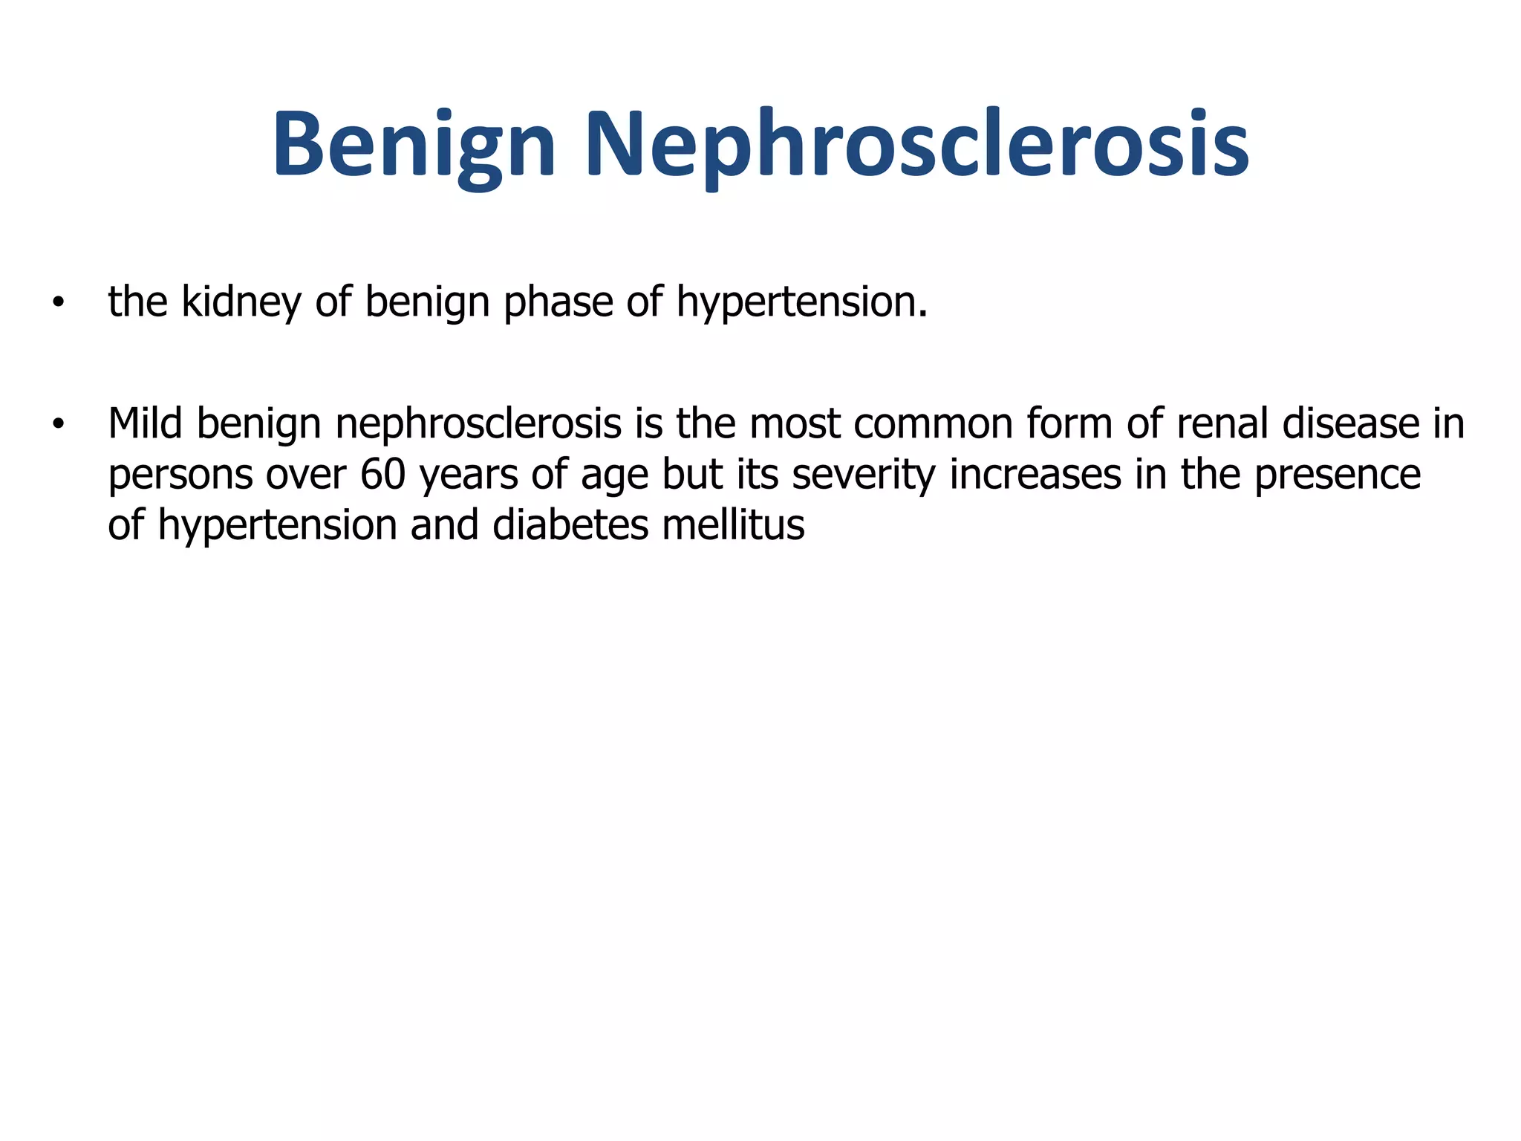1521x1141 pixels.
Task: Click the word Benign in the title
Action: point(414,145)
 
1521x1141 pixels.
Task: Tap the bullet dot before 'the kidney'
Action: point(58,303)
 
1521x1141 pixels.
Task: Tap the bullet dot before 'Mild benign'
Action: point(58,425)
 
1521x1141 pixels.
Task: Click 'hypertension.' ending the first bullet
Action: point(802,303)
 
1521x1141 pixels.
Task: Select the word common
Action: point(933,424)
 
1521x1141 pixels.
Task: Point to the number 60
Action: point(383,475)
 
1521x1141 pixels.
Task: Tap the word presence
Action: point(1338,475)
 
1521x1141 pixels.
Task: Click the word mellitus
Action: point(733,525)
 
